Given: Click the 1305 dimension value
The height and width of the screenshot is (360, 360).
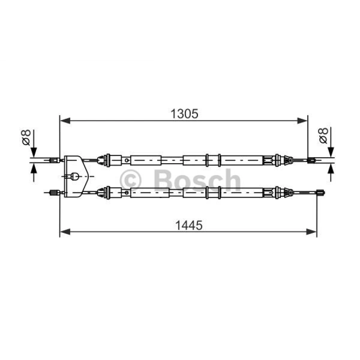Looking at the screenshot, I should pos(184,114).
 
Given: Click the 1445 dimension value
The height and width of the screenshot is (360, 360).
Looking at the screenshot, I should pos(188,226).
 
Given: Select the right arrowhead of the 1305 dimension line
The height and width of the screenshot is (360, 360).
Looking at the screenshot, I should pos(303,120).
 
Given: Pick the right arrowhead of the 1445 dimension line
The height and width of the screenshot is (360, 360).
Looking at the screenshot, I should pos(312,231).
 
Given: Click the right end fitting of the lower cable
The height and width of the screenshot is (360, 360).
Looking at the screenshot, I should pos(320,193).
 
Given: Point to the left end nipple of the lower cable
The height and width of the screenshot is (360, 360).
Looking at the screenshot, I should pos(52,193).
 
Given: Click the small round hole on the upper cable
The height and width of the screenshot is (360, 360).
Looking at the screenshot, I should pos(127,161).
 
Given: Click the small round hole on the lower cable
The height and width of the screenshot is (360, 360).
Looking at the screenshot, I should pos(127,193).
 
